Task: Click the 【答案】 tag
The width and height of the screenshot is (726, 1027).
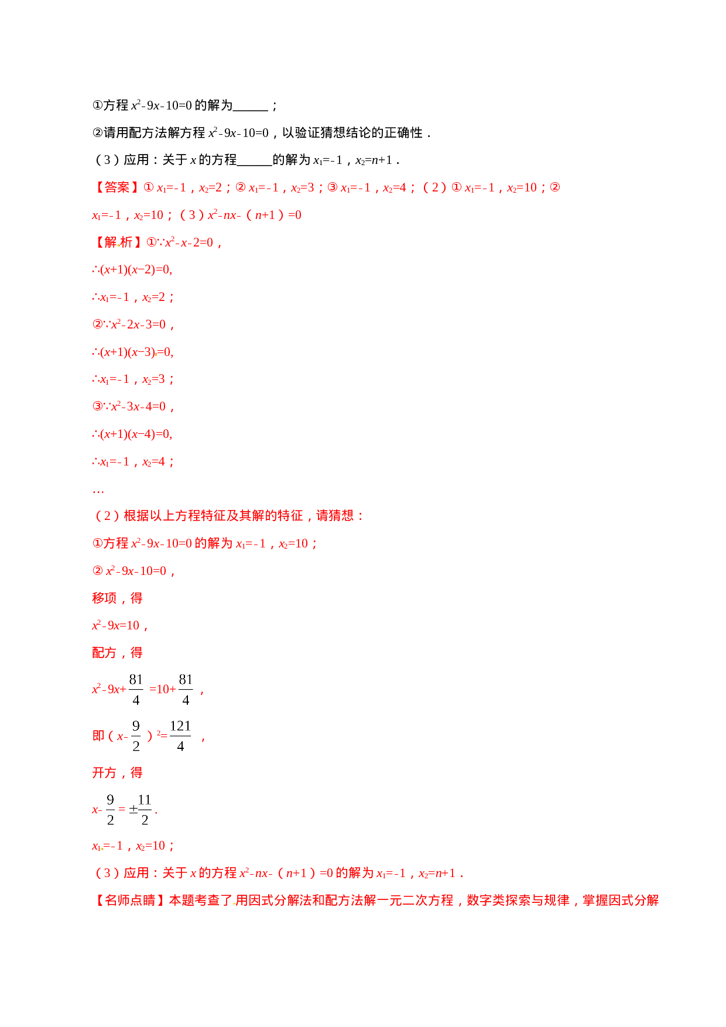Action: pyautogui.click(x=117, y=187)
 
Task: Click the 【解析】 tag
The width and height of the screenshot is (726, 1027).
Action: pyautogui.click(x=117, y=242)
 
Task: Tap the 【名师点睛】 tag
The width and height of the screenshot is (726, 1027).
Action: pyautogui.click(x=129, y=900)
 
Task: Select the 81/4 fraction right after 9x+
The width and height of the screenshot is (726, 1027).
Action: pyautogui.click(x=136, y=689)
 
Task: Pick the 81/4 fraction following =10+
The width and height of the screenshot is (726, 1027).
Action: pyautogui.click(x=186, y=689)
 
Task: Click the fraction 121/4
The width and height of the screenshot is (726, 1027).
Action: pyautogui.click(x=180, y=735)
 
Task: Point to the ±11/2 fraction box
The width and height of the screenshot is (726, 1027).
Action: pyautogui.click(x=141, y=809)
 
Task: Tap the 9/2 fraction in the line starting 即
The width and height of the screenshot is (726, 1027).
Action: pyautogui.click(x=136, y=735)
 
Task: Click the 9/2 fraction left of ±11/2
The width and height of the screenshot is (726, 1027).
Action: pyautogui.click(x=111, y=809)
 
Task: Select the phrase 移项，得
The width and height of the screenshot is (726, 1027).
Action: pyautogui.click(x=117, y=598)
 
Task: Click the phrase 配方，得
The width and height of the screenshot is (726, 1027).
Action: pyautogui.click(x=117, y=652)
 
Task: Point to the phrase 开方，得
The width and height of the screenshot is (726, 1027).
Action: pyautogui.click(x=117, y=773)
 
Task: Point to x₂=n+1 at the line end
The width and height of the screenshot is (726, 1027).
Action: pyautogui.click(x=437, y=873)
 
